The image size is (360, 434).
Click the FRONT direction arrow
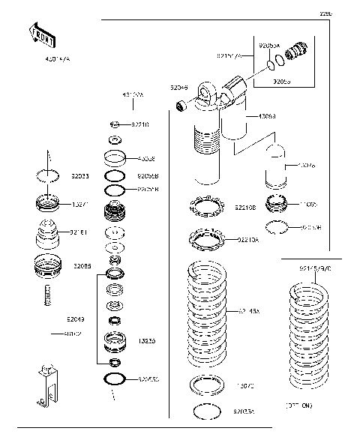[x=40, y=34]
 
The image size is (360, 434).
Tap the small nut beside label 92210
[x=115, y=124]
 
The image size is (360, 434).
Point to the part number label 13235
[x=147, y=340]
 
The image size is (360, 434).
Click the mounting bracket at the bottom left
[x=46, y=385]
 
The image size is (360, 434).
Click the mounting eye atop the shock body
[x=206, y=94]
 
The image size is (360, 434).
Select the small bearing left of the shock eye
[x=181, y=107]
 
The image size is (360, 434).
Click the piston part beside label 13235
[x=115, y=340]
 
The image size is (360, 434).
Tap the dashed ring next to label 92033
[x=48, y=175]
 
